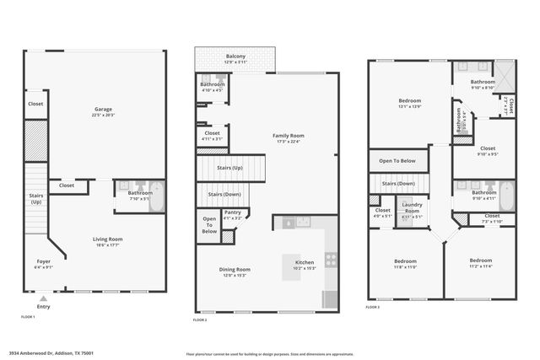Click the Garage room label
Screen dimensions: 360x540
point(104,109)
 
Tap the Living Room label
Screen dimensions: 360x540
point(107,239)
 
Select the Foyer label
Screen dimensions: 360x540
point(43,261)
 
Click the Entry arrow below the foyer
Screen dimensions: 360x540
point(43,297)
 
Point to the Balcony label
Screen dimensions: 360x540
point(235,56)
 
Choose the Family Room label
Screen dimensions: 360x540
point(288,135)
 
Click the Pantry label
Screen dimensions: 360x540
point(232,212)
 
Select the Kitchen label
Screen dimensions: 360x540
point(305,262)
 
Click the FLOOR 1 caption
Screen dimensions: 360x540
point(28,316)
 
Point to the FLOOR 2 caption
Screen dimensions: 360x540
point(200,320)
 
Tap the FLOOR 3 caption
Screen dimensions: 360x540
point(374,307)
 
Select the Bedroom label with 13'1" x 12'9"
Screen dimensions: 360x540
point(410,100)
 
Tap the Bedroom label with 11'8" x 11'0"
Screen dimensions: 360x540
point(405,261)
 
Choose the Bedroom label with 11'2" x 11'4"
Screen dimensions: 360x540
point(480,260)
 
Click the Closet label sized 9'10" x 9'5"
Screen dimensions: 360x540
point(487,148)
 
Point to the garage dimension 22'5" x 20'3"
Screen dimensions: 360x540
point(104,115)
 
